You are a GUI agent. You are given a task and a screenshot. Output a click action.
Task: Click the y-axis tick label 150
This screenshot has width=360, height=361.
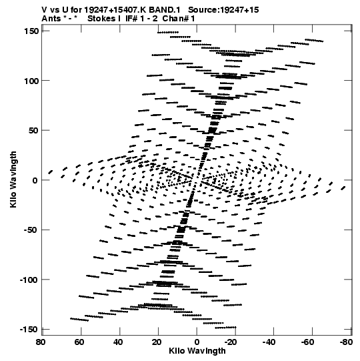(31, 31)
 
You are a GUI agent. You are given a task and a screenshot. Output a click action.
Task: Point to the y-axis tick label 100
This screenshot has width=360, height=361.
(31, 81)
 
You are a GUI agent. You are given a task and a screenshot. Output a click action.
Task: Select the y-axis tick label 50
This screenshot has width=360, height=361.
(33, 131)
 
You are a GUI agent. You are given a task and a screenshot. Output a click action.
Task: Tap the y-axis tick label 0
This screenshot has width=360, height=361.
(35, 180)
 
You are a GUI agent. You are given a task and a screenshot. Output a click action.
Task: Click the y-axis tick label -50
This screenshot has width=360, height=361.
(31, 230)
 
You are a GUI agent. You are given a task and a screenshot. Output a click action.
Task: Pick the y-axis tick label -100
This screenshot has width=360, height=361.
(29, 280)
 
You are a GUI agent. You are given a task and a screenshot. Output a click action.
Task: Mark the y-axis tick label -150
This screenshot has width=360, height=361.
(29, 330)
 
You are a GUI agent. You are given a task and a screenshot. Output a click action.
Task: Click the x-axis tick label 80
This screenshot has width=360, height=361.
(41, 342)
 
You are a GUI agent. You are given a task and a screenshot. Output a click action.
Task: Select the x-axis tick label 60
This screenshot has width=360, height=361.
(79, 342)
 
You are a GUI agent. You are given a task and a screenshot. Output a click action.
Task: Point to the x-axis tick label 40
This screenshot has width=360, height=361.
(118, 342)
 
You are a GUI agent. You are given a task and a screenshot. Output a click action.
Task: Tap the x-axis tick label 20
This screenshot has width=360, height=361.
(157, 342)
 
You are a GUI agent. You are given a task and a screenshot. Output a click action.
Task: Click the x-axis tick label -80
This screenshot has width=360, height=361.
(346, 342)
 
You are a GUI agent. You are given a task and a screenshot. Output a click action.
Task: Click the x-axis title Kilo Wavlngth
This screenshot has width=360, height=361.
(197, 351)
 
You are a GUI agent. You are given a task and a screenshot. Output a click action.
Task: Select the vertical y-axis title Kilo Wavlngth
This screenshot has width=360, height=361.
(13, 179)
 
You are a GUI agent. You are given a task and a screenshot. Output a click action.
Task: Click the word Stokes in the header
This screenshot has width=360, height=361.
(101, 19)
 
